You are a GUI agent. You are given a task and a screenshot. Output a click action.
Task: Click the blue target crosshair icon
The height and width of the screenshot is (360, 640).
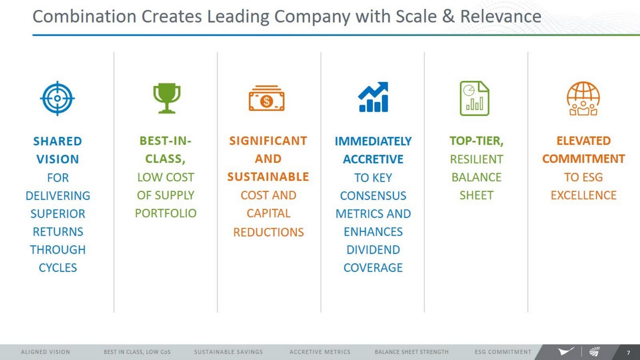(x=58, y=98)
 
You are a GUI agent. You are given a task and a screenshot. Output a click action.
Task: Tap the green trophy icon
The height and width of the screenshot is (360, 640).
(x=167, y=98)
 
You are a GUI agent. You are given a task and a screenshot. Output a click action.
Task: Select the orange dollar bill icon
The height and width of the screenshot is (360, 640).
(x=266, y=98)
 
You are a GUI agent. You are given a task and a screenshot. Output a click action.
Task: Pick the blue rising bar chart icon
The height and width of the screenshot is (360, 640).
(x=373, y=97)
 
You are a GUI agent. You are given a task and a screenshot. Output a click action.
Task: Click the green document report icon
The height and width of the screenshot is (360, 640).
(x=475, y=98)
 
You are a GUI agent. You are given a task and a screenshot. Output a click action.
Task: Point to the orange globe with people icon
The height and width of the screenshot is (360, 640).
(x=583, y=98)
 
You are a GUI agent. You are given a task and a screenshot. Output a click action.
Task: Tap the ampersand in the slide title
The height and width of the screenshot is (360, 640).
(x=448, y=16)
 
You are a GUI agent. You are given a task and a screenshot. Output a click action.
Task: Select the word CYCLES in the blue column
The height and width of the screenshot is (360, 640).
(x=58, y=268)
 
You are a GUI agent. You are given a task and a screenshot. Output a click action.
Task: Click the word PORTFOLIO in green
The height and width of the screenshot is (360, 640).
(x=166, y=213)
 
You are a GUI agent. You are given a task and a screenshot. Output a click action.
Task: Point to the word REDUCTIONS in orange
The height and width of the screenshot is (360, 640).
(x=269, y=232)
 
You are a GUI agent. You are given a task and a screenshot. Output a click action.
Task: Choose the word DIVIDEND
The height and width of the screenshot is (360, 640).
(x=373, y=250)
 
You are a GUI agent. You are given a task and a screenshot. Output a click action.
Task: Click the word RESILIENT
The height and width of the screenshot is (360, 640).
(x=477, y=159)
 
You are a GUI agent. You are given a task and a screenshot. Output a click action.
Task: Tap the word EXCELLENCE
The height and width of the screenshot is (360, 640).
(x=584, y=195)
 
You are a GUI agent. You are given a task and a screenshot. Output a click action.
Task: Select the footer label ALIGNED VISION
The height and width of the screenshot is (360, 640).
(x=45, y=352)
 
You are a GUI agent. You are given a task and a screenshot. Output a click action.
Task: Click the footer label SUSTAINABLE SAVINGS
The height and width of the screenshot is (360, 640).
(x=228, y=352)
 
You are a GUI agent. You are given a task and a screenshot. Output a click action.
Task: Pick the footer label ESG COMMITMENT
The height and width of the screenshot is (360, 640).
(x=503, y=352)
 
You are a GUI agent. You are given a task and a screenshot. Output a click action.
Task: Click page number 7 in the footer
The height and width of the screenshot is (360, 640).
(x=628, y=353)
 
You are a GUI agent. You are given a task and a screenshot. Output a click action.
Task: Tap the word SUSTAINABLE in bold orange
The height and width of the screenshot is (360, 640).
(x=268, y=177)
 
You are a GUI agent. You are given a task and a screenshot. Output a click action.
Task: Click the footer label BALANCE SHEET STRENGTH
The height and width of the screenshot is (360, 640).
(x=412, y=352)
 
